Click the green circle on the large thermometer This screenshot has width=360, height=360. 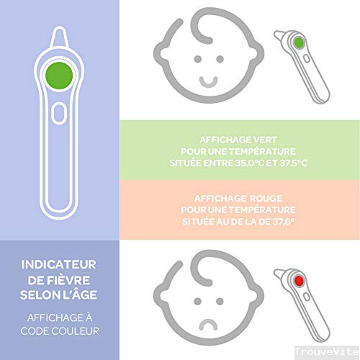coord(59,76)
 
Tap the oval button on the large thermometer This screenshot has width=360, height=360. coord(59,113)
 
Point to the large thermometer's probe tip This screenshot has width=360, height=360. coord(59,27)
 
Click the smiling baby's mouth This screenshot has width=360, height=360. coord(209,82)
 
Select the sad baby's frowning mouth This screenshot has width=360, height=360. coord(208,324)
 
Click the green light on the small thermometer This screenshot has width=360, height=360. coord(299,43)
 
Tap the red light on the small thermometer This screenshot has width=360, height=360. coord(299,281)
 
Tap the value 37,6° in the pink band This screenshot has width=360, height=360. coord(284,221)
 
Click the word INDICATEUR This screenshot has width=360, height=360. coord(59,265)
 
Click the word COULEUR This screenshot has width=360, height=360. coord(76,331)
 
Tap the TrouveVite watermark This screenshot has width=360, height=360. coord(327,352)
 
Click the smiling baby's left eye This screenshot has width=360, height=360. coord(198,59)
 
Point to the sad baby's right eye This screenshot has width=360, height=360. coord(220,302)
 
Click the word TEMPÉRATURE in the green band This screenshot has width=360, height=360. coord(262,151)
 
